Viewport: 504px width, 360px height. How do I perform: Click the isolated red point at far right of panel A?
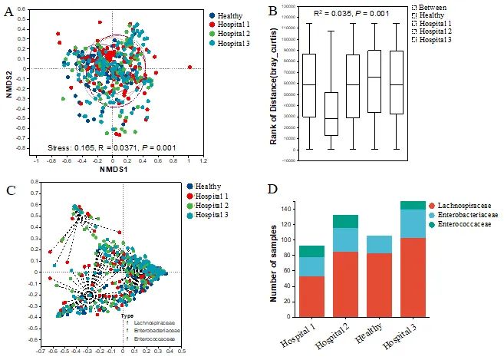pos(189,68)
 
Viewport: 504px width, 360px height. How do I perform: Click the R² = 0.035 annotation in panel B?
pos(351,13)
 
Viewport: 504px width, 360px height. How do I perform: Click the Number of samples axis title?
pos(273,262)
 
